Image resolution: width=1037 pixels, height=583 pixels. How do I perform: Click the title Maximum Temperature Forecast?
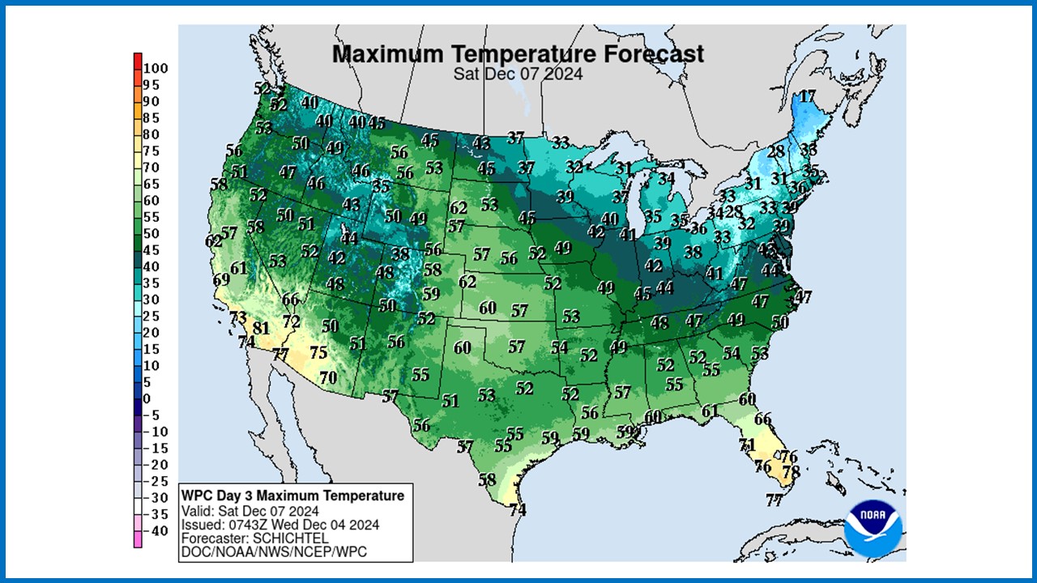(x=518, y=54)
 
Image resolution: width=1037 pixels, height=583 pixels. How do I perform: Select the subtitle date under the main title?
(x=518, y=73)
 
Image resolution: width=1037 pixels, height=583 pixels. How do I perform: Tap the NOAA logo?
(x=872, y=527)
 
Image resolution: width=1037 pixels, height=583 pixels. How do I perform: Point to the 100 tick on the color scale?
(x=156, y=69)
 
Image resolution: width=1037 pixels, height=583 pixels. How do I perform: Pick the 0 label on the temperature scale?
(x=147, y=398)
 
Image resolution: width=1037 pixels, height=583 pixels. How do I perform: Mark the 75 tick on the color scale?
(x=151, y=151)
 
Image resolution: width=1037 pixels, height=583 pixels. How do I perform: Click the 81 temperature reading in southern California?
(x=260, y=328)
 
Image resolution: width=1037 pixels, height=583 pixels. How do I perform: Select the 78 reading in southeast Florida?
(x=791, y=471)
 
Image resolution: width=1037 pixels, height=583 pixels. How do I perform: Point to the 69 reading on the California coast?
(x=221, y=280)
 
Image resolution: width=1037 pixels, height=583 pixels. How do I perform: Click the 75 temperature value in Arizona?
(x=318, y=352)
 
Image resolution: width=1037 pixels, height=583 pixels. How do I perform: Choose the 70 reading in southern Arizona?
(x=327, y=377)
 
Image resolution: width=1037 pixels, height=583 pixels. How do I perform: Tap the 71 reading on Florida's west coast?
(x=746, y=445)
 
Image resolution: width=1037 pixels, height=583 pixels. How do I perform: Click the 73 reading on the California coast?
(x=237, y=317)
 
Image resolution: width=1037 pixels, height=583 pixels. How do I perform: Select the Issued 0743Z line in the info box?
(x=268, y=524)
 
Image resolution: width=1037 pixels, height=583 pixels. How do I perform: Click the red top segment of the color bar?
(x=138, y=61)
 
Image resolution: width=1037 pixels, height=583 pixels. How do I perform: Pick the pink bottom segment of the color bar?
(x=138, y=538)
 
